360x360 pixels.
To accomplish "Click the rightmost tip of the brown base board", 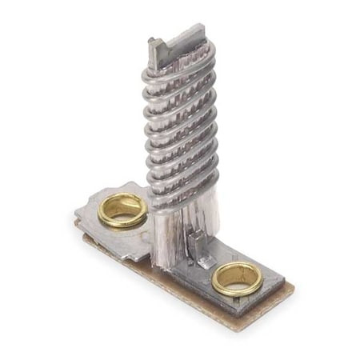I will point(293,288).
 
